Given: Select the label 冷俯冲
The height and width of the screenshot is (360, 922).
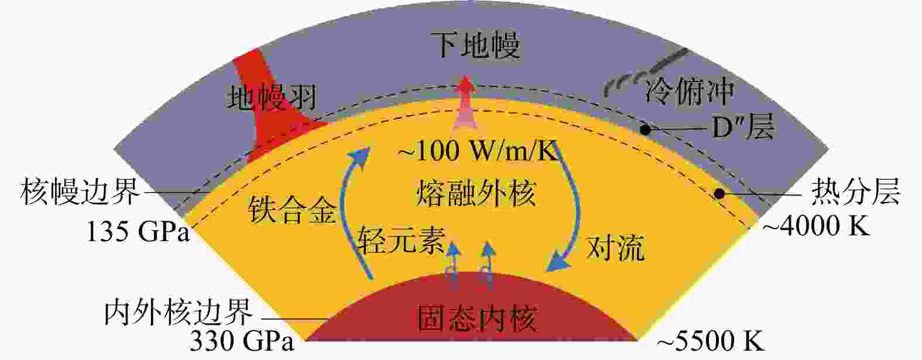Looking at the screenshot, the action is click(x=690, y=92).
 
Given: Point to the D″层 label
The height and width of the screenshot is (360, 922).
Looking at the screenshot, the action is click(x=743, y=126).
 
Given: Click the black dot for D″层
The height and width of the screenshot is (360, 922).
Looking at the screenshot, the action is click(x=645, y=129).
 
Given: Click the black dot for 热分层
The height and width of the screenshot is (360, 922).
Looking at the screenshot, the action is click(x=719, y=193).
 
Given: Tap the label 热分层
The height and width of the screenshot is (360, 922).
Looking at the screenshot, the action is click(x=856, y=192).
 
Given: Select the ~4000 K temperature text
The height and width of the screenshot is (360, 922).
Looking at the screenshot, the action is click(x=817, y=226).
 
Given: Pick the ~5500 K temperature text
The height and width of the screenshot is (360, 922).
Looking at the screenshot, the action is click(x=711, y=341).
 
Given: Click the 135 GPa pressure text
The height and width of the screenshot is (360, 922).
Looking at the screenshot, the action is click(x=139, y=232).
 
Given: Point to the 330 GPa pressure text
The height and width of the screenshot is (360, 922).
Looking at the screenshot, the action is click(x=242, y=341).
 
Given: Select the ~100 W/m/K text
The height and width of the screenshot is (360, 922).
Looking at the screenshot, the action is click(x=478, y=151).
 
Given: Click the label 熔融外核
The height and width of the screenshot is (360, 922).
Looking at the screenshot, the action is click(x=476, y=193).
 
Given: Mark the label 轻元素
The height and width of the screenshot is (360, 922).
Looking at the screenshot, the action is click(x=402, y=240).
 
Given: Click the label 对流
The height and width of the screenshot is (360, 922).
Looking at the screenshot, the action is click(x=615, y=248).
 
